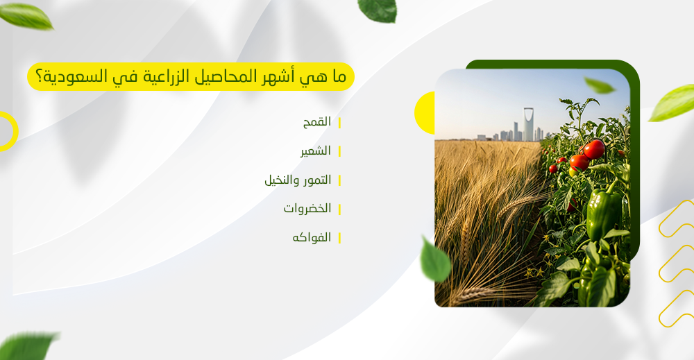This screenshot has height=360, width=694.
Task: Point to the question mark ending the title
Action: [x=37, y=77]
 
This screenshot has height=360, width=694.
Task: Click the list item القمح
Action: [x=316, y=122]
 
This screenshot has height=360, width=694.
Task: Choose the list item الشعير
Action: [x=315, y=151]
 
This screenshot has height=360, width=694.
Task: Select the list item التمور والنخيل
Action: [x=298, y=180]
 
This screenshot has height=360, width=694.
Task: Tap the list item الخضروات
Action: [x=307, y=209]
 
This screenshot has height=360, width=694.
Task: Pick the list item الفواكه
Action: [x=312, y=237]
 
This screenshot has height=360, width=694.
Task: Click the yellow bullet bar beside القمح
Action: [x=339, y=123]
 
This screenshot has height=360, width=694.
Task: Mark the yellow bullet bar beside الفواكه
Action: [x=339, y=238]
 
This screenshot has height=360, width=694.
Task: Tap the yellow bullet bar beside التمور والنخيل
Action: [x=339, y=180]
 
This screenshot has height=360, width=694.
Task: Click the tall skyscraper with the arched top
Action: [x=529, y=124]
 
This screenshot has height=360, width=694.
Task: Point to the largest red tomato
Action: [x=593, y=148]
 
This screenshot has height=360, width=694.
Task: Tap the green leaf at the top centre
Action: [x=378, y=9]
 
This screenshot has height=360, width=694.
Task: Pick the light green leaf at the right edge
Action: [x=672, y=103]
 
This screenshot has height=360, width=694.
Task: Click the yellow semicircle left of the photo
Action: [x=425, y=112]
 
